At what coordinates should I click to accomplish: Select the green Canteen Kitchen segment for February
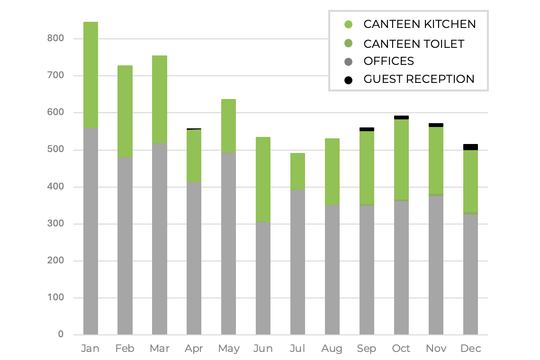pos(125,111)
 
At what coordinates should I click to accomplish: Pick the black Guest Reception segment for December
pos(470,147)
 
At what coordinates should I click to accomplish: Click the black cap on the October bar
pos(401,117)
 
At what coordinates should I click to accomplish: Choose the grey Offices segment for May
pos(228,243)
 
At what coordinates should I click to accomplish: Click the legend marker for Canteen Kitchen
pos(349,24)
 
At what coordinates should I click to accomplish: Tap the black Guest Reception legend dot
pos(349,80)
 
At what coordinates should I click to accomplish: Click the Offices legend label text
pos(388,61)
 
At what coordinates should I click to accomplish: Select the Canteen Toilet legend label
pos(414,44)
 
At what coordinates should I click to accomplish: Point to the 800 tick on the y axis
pos(55,38)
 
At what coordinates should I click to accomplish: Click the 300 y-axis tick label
pos(55,224)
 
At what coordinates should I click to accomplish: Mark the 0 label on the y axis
pos(61,334)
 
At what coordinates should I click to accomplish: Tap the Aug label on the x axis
pos(332,349)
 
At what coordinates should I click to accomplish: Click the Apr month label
pos(194,349)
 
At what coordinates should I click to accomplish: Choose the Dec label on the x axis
pos(470,349)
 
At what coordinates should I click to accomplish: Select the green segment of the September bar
pos(367,168)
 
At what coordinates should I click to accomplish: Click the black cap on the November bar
pos(436,125)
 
